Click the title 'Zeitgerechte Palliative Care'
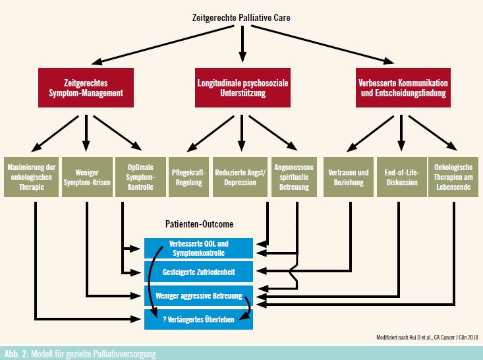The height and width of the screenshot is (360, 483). pos(241,18)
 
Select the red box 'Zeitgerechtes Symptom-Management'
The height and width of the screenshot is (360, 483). pos(86,88)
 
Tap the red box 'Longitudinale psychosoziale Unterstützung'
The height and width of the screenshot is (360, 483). pos(242,88)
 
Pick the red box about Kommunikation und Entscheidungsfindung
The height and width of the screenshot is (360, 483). pos(403,88)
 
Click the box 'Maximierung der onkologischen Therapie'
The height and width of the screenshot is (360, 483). pos(31,177)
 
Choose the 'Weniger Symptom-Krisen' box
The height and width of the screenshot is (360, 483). pos(87,177)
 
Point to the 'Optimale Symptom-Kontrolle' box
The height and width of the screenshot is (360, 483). pos(140,177)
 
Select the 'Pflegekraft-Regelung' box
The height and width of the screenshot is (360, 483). pos(188,177)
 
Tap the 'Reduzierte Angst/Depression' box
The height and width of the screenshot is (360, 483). pos(240,177)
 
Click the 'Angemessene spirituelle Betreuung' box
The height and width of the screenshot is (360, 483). pos(294,177)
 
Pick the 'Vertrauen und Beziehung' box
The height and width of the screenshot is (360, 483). pos(349,177)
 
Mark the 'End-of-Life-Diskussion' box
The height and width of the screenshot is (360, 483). pos(402,177)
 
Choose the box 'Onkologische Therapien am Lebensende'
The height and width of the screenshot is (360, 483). pos(453,177)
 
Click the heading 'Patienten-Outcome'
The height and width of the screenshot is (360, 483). pos(199,224)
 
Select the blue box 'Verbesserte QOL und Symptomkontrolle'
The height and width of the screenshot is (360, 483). pos(199,248)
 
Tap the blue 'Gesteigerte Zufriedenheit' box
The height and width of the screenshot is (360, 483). pos(199,272)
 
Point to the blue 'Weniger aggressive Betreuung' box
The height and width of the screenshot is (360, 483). pos(199,295)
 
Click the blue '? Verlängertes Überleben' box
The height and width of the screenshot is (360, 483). pos(199,319)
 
